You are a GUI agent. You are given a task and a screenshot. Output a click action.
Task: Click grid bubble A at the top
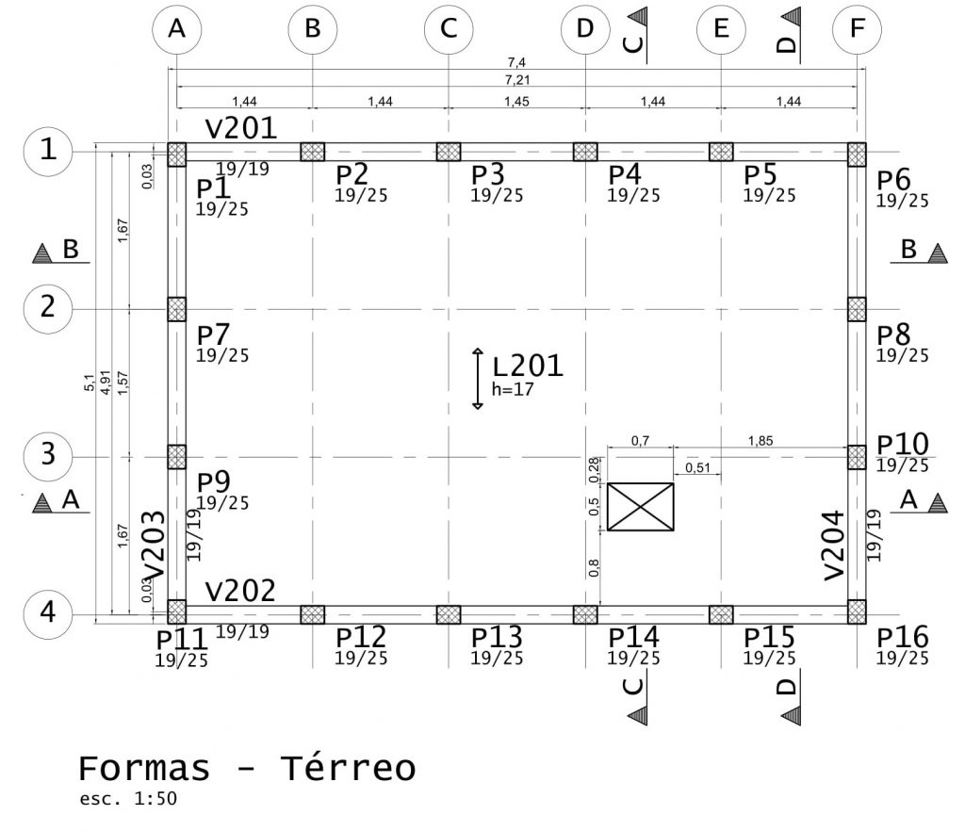click(176, 29)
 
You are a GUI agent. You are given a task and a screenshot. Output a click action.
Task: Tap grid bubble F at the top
click(856, 29)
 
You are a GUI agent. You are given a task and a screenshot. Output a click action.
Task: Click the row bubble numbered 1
click(46, 151)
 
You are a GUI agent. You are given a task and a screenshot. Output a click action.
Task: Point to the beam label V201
click(240, 129)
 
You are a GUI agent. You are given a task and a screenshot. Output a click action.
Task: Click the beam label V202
click(240, 592)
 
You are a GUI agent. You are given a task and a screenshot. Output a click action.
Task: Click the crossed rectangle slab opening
click(640, 507)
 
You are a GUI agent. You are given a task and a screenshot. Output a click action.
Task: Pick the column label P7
click(213, 334)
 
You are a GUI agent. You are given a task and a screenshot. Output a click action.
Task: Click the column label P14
click(634, 638)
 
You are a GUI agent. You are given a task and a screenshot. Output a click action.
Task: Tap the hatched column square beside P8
click(856, 309)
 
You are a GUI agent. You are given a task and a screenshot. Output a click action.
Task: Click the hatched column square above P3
click(449, 152)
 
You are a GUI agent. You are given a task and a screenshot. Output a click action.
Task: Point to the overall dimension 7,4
click(515, 63)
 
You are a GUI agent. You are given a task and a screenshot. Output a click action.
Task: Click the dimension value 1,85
click(763, 439)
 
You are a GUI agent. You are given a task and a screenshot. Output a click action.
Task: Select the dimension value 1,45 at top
click(516, 102)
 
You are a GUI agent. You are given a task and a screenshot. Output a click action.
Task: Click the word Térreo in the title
click(348, 769)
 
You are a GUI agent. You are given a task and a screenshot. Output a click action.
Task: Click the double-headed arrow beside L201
click(478, 379)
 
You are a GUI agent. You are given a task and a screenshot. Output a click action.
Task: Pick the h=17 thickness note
click(513, 388)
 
